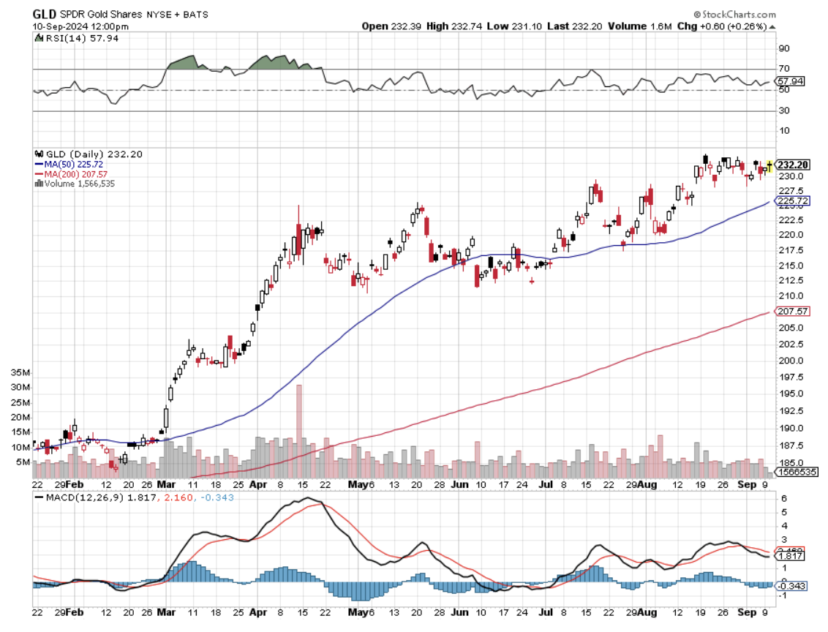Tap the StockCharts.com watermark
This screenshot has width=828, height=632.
(736, 14)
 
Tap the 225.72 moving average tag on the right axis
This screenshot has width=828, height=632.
(793, 200)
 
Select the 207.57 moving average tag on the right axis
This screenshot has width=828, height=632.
(793, 312)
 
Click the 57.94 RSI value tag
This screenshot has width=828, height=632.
(793, 81)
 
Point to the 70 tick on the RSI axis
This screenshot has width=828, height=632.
(783, 69)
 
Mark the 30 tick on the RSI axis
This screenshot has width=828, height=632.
(783, 110)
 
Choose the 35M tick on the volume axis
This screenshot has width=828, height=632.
(20, 372)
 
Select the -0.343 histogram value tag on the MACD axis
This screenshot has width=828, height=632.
(793, 585)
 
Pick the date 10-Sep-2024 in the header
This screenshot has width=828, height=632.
(61, 26)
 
